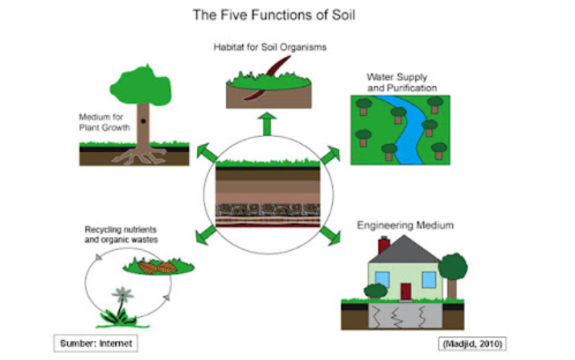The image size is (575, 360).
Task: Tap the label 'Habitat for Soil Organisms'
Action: click(x=270, y=48)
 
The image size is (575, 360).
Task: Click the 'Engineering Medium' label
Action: click(x=405, y=225)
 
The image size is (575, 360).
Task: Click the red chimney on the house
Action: click(x=384, y=245)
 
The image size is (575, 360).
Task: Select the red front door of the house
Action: click(x=405, y=292)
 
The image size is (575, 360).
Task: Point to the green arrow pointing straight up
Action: click(x=268, y=123)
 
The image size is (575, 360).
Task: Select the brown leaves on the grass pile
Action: click(x=158, y=267)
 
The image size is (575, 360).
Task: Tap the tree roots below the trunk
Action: click(x=140, y=156)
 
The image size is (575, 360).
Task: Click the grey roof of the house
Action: click(x=405, y=250)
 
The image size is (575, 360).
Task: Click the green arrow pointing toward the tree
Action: click(x=207, y=152)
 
